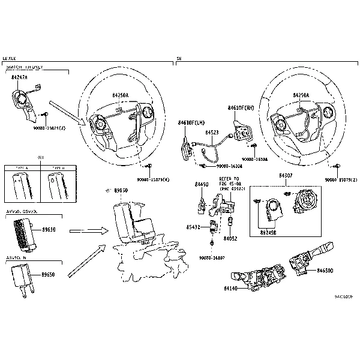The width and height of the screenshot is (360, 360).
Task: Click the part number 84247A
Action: tap(20, 77)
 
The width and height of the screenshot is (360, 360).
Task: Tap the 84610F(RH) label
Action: tap(242, 108)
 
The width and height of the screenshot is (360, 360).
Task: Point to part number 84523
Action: tap(212, 132)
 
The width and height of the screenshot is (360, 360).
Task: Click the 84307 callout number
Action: tap(286, 176)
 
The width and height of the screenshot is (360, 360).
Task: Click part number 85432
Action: tap(193, 227)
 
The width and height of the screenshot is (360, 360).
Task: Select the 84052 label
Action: tap(231, 238)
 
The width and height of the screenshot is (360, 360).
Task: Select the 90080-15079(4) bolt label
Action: tap(153, 179)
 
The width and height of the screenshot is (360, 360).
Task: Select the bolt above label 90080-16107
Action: tap(212, 243)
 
